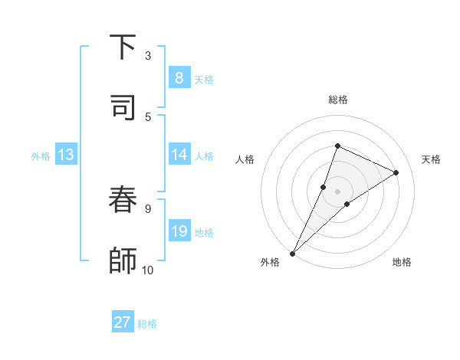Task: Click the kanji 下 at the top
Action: click(123, 47)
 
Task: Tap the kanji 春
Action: click(123, 201)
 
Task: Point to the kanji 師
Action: click(123, 260)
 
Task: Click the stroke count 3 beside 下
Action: click(148, 56)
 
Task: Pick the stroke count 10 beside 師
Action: click(148, 270)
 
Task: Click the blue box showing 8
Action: click(179, 78)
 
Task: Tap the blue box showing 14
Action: click(179, 155)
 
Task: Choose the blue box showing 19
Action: click(179, 231)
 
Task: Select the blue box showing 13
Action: click(66, 155)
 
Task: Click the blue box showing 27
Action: click(123, 322)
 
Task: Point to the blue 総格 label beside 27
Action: click(148, 324)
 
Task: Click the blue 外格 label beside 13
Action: click(41, 156)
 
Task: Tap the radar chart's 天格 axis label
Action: click(431, 159)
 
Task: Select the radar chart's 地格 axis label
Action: click(402, 262)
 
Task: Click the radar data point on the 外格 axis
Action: click(293, 253)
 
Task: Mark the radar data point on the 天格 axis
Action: click(396, 172)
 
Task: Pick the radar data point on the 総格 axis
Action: click(337, 146)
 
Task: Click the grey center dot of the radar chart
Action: click(337, 191)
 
